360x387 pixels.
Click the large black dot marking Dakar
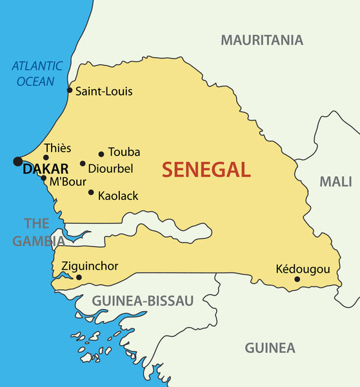pyautogui.click(x=17, y=161)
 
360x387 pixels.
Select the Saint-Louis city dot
pyautogui.click(x=70, y=90)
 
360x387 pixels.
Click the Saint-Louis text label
pyautogui.click(x=104, y=92)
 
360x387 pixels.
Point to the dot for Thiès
pyautogui.click(x=46, y=157)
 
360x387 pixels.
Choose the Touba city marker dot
pyautogui.click(x=101, y=154)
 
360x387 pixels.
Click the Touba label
pyautogui.click(x=124, y=153)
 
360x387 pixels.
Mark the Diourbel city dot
pyautogui.click(x=83, y=164)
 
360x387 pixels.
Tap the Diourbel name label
pyautogui.click(x=110, y=169)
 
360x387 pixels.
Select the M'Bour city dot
pyautogui.click(x=43, y=178)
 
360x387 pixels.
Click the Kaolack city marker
pyautogui.click(x=91, y=192)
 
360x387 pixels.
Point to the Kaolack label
pyautogui.click(x=118, y=195)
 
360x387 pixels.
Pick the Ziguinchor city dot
pyautogui.click(x=79, y=277)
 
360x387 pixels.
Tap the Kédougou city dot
pyautogui.click(x=297, y=279)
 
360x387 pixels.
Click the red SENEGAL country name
pyautogui.click(x=206, y=170)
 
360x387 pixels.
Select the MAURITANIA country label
pyautogui.click(x=262, y=40)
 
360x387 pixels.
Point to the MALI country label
pyautogui.click(x=336, y=182)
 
